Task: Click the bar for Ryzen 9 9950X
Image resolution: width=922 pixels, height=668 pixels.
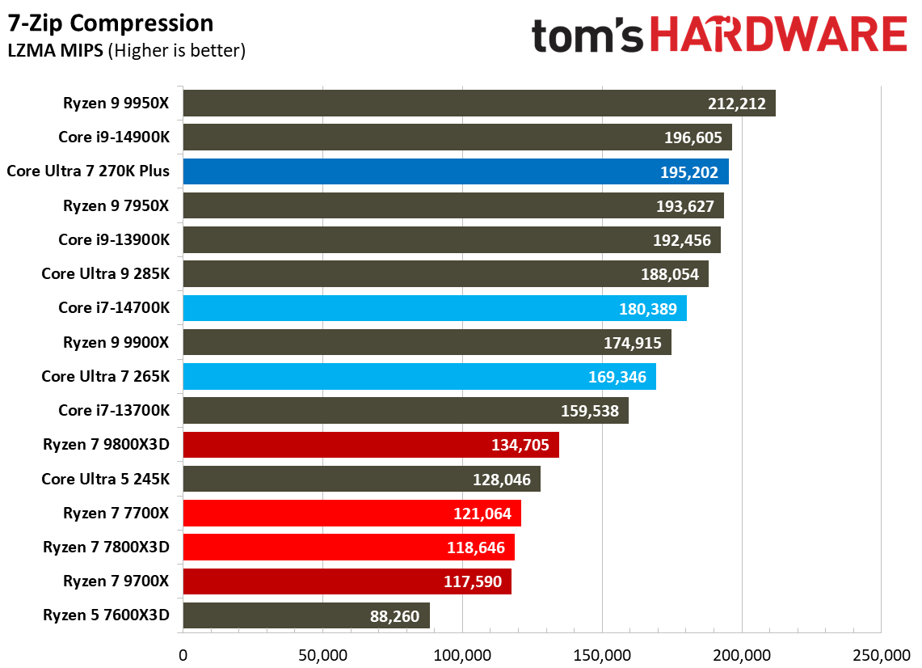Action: click(x=478, y=104)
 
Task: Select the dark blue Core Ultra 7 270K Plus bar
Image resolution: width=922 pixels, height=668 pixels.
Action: click(x=456, y=171)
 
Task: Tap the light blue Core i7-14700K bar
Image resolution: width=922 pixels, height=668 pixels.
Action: click(x=435, y=308)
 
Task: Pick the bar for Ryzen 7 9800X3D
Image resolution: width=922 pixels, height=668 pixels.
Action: click(x=371, y=445)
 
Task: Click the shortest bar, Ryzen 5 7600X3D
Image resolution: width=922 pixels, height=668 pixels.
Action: click(x=306, y=616)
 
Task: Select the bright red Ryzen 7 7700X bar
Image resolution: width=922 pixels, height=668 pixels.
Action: click(x=352, y=514)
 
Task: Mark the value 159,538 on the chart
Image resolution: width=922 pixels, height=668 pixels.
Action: click(x=590, y=411)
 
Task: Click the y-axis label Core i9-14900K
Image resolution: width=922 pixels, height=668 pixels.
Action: click(x=114, y=137)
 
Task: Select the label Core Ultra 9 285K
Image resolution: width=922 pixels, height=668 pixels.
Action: click(x=106, y=273)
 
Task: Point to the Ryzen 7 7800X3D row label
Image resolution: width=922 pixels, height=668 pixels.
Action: click(x=107, y=548)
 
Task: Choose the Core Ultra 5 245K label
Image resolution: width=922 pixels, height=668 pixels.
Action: click(x=106, y=479)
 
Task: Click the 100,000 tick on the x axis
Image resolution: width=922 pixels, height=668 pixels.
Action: click(x=462, y=653)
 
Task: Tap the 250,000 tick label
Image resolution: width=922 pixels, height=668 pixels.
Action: click(x=880, y=653)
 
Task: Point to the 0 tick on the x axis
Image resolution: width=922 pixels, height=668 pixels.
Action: click(x=183, y=653)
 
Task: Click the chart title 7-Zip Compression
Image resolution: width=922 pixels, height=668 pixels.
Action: click(x=111, y=23)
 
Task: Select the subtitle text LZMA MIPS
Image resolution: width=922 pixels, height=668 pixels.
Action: click(x=54, y=51)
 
